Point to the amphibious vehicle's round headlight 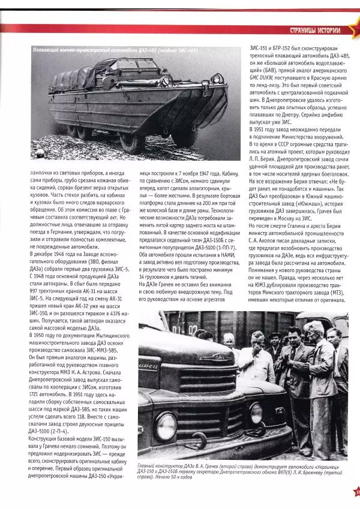(216, 79)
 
